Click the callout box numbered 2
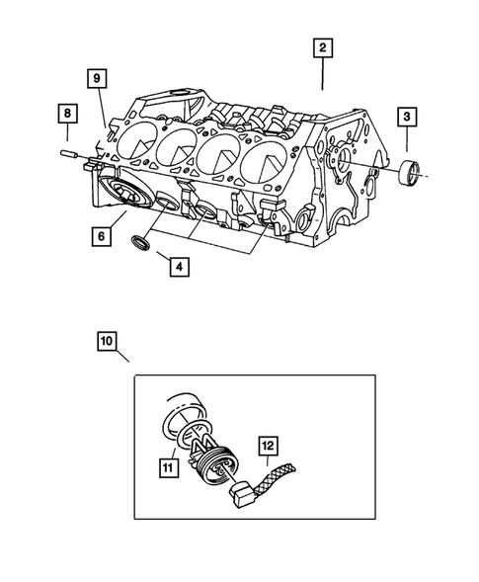(322, 46)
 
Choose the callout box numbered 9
(96, 78)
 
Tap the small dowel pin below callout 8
(67, 154)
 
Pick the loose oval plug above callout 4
(140, 243)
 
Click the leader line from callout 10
(120, 364)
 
